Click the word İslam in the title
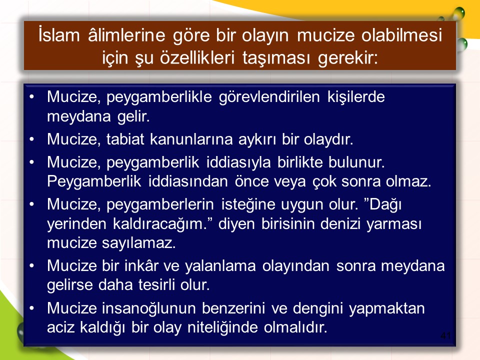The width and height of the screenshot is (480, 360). pos(59,35)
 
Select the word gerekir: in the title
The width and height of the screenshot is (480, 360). pos(348,58)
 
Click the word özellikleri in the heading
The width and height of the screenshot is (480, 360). pos(197,57)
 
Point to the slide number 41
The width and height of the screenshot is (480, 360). pos(445,335)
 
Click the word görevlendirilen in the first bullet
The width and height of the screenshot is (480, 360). pos(269,96)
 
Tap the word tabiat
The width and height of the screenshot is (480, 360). pos(125,139)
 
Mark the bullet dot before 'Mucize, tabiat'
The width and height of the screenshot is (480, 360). pos(32,139)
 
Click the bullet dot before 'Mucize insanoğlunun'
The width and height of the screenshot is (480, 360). pos(32,308)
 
